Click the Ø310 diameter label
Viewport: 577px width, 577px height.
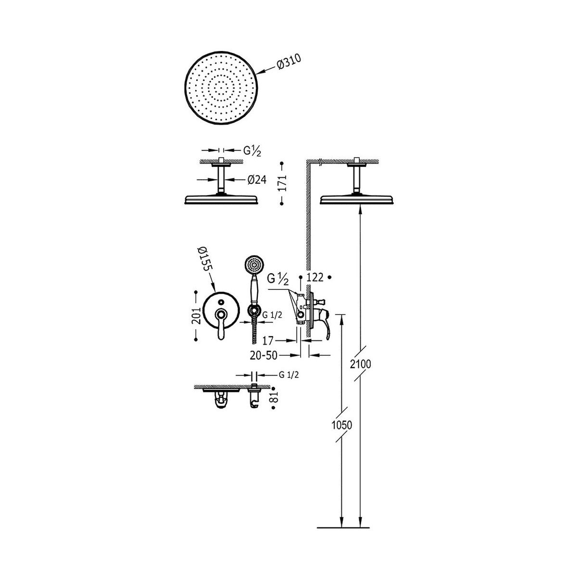coord(288,63)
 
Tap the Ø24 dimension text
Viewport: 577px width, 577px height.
coord(257,180)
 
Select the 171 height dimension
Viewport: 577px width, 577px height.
coord(282,183)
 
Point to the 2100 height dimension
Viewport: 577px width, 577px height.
coord(361,364)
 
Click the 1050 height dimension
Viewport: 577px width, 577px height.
coord(342,425)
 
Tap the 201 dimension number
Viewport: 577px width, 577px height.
coord(197,315)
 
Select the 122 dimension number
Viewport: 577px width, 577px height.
coord(315,277)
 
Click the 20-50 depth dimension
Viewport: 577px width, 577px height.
coord(263,355)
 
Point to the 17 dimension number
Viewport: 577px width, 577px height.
coord(268,340)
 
